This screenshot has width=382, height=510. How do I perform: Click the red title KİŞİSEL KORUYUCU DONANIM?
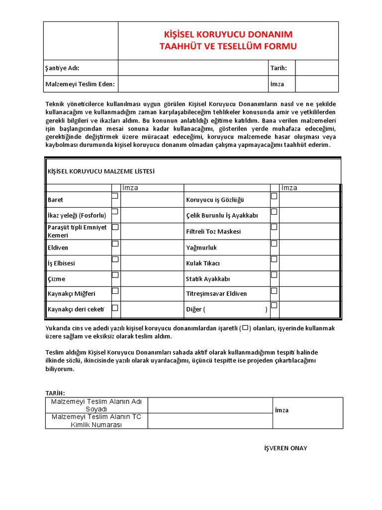point(228,34)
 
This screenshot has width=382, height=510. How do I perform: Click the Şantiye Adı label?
point(62,68)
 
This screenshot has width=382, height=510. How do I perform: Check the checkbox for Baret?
point(115,196)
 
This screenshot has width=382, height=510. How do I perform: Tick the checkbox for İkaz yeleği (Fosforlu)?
point(115,212)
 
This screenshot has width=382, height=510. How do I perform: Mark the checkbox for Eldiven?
point(115,244)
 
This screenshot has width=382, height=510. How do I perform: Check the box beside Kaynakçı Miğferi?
point(115,291)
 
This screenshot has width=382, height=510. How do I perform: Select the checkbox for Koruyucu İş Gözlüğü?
point(274,196)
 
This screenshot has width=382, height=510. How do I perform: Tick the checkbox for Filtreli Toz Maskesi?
point(274,227)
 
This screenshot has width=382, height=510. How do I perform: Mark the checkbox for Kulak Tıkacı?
point(274,259)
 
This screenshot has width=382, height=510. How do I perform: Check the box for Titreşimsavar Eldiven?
point(274,291)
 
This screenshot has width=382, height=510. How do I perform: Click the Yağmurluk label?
point(201,248)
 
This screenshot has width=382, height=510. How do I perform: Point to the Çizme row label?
point(56,279)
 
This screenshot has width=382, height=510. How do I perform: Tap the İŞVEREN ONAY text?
point(286,448)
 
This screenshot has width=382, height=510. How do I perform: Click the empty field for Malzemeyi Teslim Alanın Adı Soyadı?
point(210,405)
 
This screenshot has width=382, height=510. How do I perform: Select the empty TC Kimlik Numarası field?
point(210,421)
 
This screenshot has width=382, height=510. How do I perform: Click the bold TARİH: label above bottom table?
point(55,393)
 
